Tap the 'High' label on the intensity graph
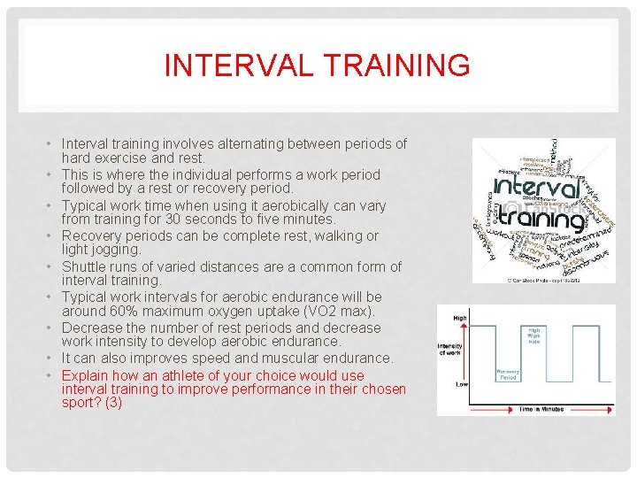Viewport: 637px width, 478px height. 460,318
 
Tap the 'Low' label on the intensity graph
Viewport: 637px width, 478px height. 460,385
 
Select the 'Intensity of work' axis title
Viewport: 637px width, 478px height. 450,350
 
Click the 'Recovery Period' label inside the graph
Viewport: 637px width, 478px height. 508,375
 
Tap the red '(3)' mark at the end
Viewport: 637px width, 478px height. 113,403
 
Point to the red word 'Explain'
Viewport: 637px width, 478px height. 85,375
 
